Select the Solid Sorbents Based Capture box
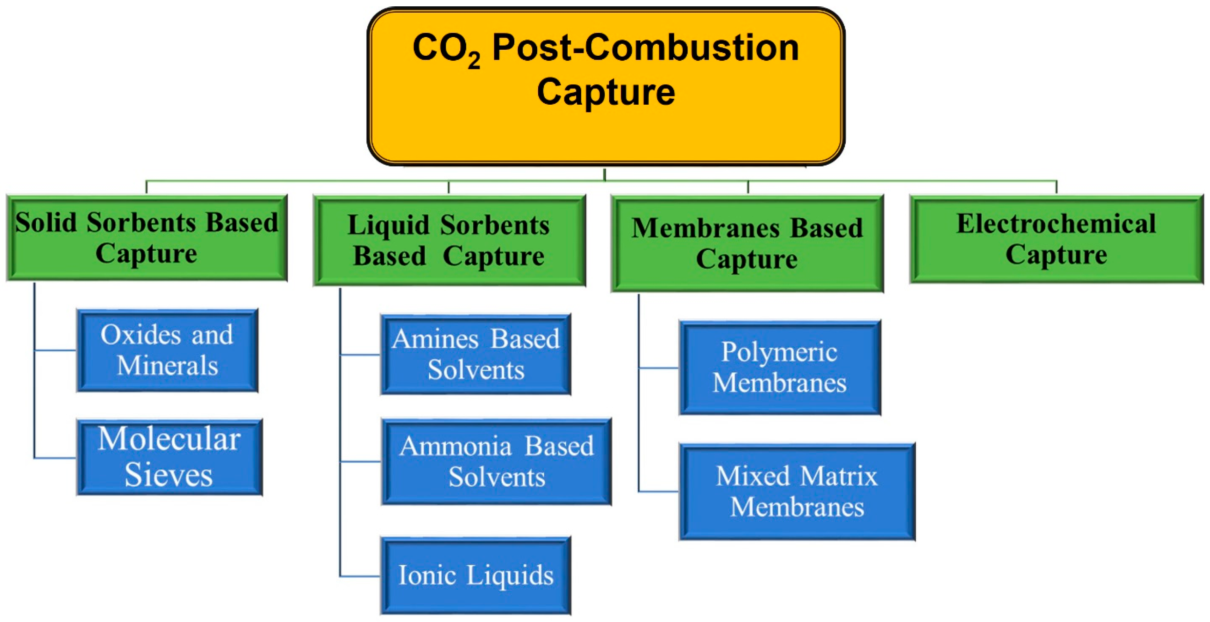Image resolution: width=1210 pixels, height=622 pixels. tap(147, 238)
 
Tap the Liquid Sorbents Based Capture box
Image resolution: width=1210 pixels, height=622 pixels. tap(449, 241)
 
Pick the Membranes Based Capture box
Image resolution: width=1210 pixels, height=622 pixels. tap(747, 244)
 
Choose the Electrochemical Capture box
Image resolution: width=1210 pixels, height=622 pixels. tap(1056, 239)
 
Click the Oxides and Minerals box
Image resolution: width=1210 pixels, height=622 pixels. tap(167, 350)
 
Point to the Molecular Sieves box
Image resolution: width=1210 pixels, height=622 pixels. tap(169, 457)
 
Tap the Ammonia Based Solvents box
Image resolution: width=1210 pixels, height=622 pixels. tap(496, 461)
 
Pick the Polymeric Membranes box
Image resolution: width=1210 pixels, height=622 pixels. tap(779, 368)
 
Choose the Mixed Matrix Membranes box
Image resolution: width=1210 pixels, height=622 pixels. tap(797, 492)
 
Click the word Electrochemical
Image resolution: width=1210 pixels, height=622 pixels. tap(1056, 224)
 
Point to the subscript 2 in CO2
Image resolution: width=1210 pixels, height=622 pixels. tap(474, 60)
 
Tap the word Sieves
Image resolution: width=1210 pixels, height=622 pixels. tap(168, 475)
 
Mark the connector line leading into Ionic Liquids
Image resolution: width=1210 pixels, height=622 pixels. tap(360, 576)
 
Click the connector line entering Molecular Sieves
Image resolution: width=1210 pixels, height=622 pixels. tap(55, 457)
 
